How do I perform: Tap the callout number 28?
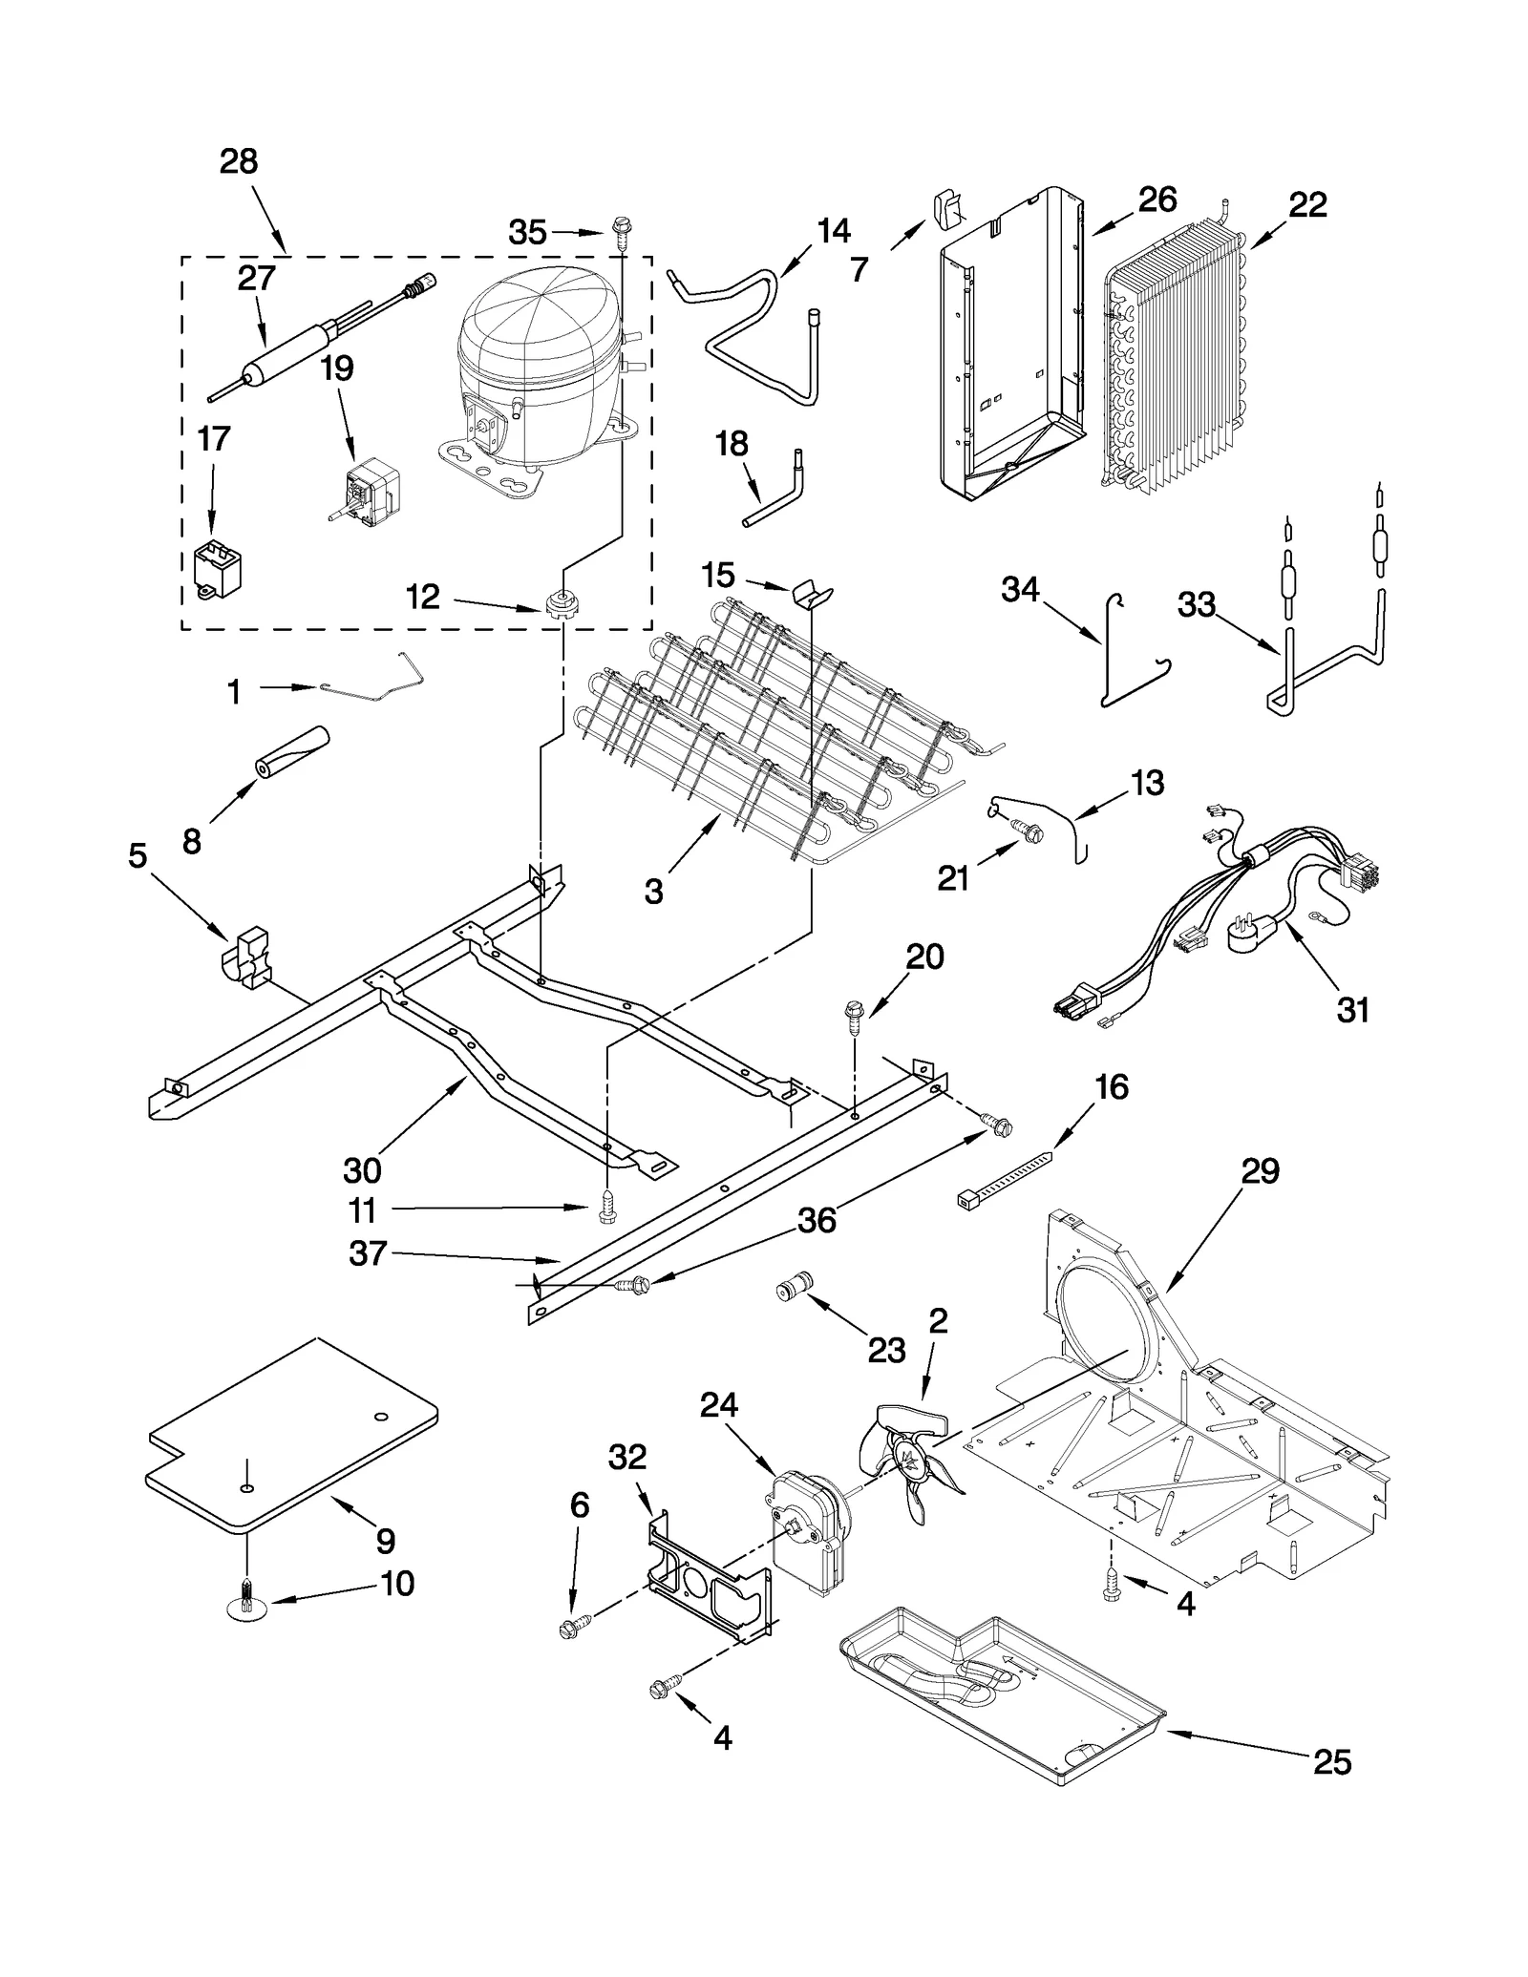[239, 161]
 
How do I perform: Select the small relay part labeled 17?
[217, 570]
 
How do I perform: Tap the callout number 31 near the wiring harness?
[1353, 1009]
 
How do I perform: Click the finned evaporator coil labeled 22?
[1179, 353]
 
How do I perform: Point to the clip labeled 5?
[245, 957]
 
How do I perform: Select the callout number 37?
[368, 1253]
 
